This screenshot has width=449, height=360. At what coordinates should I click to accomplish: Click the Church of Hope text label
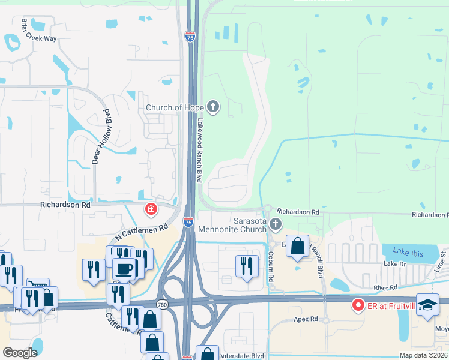175,108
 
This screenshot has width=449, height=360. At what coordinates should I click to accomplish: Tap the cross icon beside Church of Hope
213,108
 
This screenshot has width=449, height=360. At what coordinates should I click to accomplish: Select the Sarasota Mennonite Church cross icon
276,225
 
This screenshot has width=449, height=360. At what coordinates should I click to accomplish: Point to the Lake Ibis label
408,253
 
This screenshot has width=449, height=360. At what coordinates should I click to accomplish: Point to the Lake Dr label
395,264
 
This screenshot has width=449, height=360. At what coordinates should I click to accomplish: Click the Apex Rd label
306,319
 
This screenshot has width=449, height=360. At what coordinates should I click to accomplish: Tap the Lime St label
443,263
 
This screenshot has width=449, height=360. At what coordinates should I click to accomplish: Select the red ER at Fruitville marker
358,306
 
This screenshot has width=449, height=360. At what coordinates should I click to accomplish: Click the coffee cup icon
125,268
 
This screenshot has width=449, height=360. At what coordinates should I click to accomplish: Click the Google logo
20,353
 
